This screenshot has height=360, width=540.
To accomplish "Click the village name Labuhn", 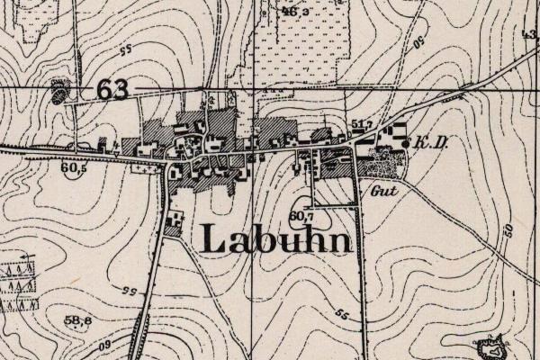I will (x=274, y=238).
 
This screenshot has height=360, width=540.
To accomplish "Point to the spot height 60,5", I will (x=74, y=167).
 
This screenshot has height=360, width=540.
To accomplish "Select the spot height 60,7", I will (x=301, y=216).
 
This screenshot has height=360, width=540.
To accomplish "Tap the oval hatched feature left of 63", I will (x=60, y=91).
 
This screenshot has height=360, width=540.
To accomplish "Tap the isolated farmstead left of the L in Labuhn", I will (x=173, y=220).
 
